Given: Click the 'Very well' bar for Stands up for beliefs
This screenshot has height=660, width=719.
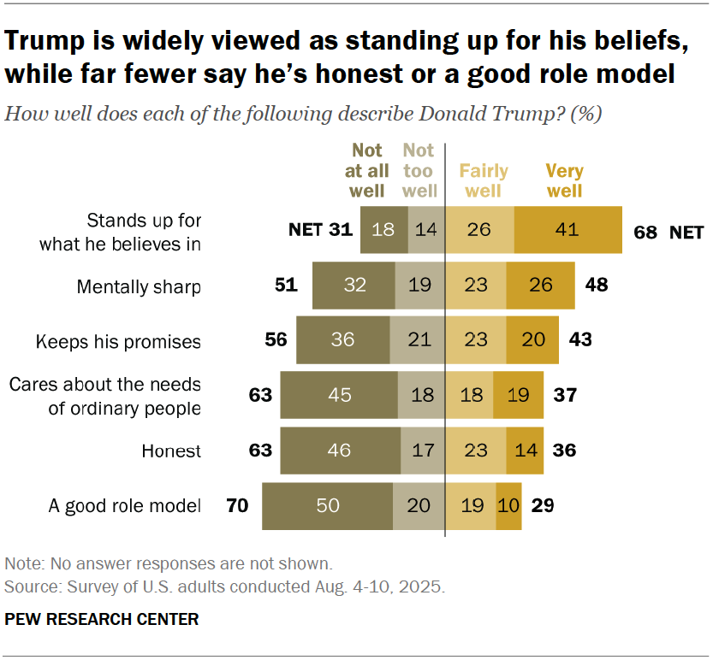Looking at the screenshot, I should [567, 230].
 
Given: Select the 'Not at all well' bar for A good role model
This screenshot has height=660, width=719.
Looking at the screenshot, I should [327, 506].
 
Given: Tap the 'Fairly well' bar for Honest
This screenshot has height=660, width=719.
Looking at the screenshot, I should [476, 450].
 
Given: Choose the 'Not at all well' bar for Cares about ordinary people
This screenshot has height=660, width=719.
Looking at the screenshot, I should [339, 395].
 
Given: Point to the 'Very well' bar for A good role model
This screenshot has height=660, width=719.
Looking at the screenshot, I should [508, 506].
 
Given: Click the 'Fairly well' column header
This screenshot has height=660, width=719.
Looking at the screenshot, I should [484, 180].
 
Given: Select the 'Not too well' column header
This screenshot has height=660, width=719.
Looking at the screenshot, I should [419, 170].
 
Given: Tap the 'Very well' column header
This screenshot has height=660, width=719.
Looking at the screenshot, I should [564, 180].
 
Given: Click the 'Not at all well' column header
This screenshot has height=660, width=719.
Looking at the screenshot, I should [367, 170].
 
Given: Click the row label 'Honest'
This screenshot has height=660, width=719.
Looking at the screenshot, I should [172, 450].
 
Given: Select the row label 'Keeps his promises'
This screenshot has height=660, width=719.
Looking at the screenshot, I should [118, 342].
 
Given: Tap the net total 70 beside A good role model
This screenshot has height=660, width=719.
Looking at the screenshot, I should [237, 506].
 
